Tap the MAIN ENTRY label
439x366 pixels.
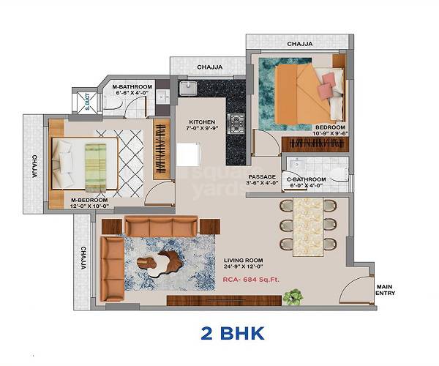[386, 289]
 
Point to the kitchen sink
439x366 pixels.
[188, 89]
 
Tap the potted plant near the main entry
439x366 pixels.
[293, 296]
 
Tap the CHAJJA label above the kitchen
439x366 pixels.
[209, 67]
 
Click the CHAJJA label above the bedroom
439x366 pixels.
[300, 44]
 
